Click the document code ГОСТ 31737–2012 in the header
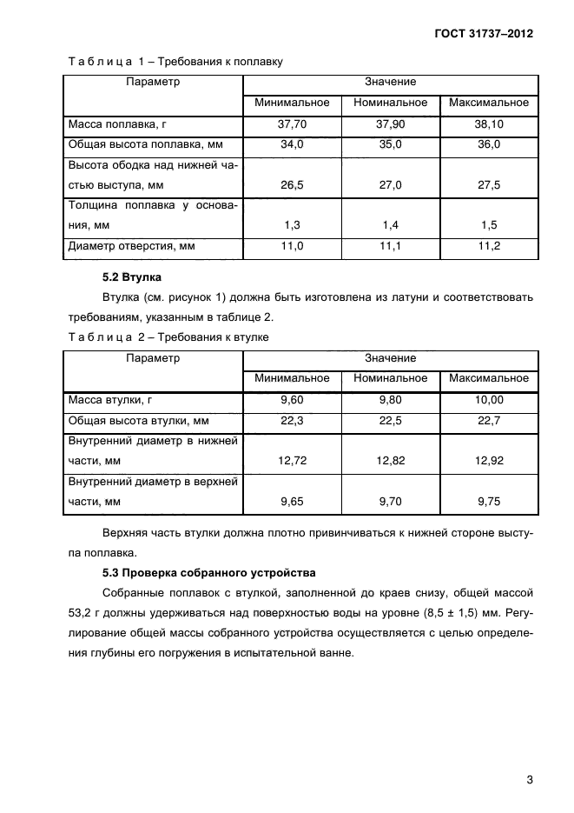[484, 34]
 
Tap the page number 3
[529, 779]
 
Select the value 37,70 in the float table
[292, 124]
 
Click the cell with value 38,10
[489, 124]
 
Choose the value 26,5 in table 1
[292, 185]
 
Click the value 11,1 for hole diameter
[391, 247]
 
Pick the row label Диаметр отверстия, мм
[131, 247]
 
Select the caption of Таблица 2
[168, 337]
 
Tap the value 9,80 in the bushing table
[391, 400]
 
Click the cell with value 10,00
[489, 400]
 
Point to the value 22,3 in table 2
[292, 421]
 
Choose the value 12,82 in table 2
[391, 461]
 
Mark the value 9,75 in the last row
[489, 502]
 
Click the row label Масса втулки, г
[109, 400]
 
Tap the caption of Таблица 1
[175, 62]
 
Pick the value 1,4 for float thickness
[391, 225]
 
